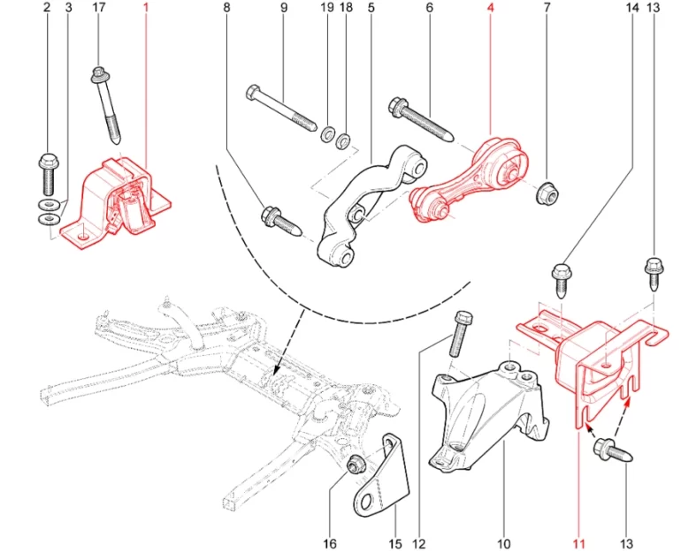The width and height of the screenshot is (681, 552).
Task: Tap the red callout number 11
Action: (578, 543)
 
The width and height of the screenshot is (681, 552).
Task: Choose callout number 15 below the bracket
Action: (395, 543)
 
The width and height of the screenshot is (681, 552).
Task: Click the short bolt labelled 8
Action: (283, 220)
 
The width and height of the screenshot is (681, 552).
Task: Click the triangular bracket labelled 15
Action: (382, 481)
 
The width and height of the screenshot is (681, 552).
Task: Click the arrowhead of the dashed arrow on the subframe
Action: (277, 370)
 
